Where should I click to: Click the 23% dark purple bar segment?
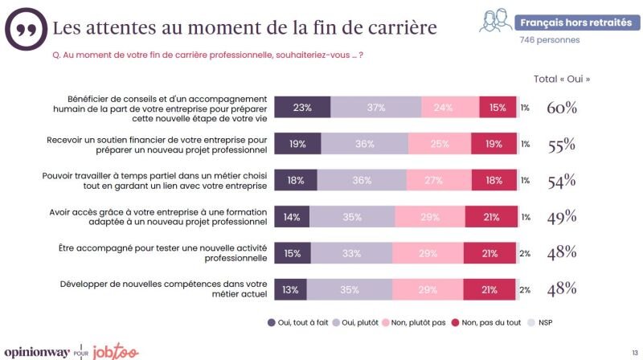(x=302, y=108)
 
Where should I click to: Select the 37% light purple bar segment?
(x=376, y=108)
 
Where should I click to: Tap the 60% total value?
(x=561, y=108)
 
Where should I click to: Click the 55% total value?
(x=561, y=144)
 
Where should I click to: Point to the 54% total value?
(x=561, y=180)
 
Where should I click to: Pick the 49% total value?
(x=561, y=216)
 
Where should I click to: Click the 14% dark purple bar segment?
(x=292, y=216)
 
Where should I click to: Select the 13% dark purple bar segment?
(x=290, y=288)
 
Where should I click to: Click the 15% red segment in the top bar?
(x=498, y=108)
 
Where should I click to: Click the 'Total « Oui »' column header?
(x=562, y=79)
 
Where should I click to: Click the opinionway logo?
(x=35, y=351)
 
